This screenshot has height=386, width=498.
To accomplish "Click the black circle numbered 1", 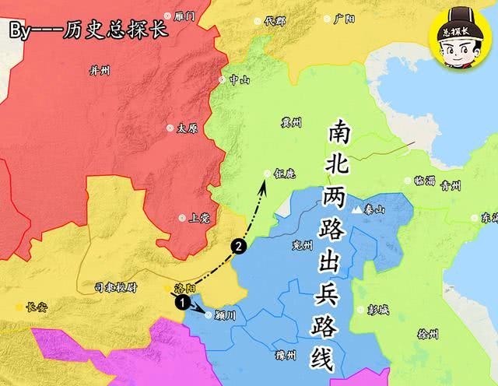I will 181,301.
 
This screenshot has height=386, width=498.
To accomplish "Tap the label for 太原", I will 187,128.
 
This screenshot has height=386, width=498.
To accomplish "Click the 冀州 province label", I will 291,121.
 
